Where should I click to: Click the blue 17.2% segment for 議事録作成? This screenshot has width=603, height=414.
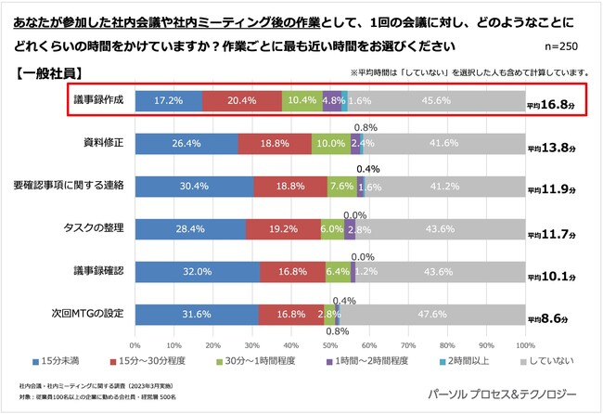169,100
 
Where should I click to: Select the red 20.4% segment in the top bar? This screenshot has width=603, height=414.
242,100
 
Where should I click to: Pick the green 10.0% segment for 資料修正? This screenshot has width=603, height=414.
330,143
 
